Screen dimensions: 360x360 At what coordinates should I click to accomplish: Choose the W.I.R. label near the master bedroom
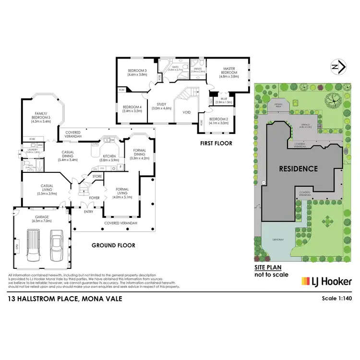tap(223, 100)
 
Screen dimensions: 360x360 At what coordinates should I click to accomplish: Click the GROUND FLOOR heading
tap(113, 245)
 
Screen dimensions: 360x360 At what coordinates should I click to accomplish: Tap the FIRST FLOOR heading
tap(216, 143)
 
